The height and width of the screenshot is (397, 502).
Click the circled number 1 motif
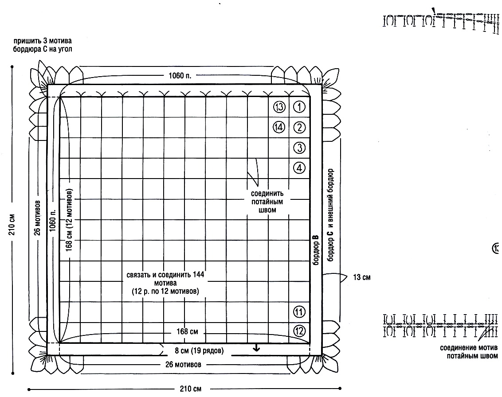tap(299, 107)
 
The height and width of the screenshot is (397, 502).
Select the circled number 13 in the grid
tap(279, 107)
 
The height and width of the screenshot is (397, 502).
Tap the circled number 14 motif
tap(279, 127)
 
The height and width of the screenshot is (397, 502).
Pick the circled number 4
tap(299, 167)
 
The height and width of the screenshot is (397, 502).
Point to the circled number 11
tap(299, 311)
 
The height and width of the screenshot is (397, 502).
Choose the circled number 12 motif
tap(299, 331)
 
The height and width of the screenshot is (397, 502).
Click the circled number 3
tap(299, 148)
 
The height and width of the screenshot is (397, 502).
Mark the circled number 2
tap(299, 127)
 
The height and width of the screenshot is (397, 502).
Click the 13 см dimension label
tap(362, 277)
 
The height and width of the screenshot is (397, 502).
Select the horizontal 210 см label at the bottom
tap(191, 389)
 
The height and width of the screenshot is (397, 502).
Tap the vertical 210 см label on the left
tap(12, 225)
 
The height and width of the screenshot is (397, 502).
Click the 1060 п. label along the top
tap(180, 76)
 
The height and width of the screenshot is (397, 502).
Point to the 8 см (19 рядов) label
tap(199, 350)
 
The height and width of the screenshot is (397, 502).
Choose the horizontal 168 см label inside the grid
tap(187, 331)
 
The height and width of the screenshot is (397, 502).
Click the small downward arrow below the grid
tap(256, 348)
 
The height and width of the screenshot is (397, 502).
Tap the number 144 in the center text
tap(199, 274)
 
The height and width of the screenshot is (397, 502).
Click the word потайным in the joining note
tap(267, 202)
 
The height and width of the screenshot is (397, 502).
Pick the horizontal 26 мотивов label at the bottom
tap(183, 364)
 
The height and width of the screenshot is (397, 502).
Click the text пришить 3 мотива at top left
tap(43, 41)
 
